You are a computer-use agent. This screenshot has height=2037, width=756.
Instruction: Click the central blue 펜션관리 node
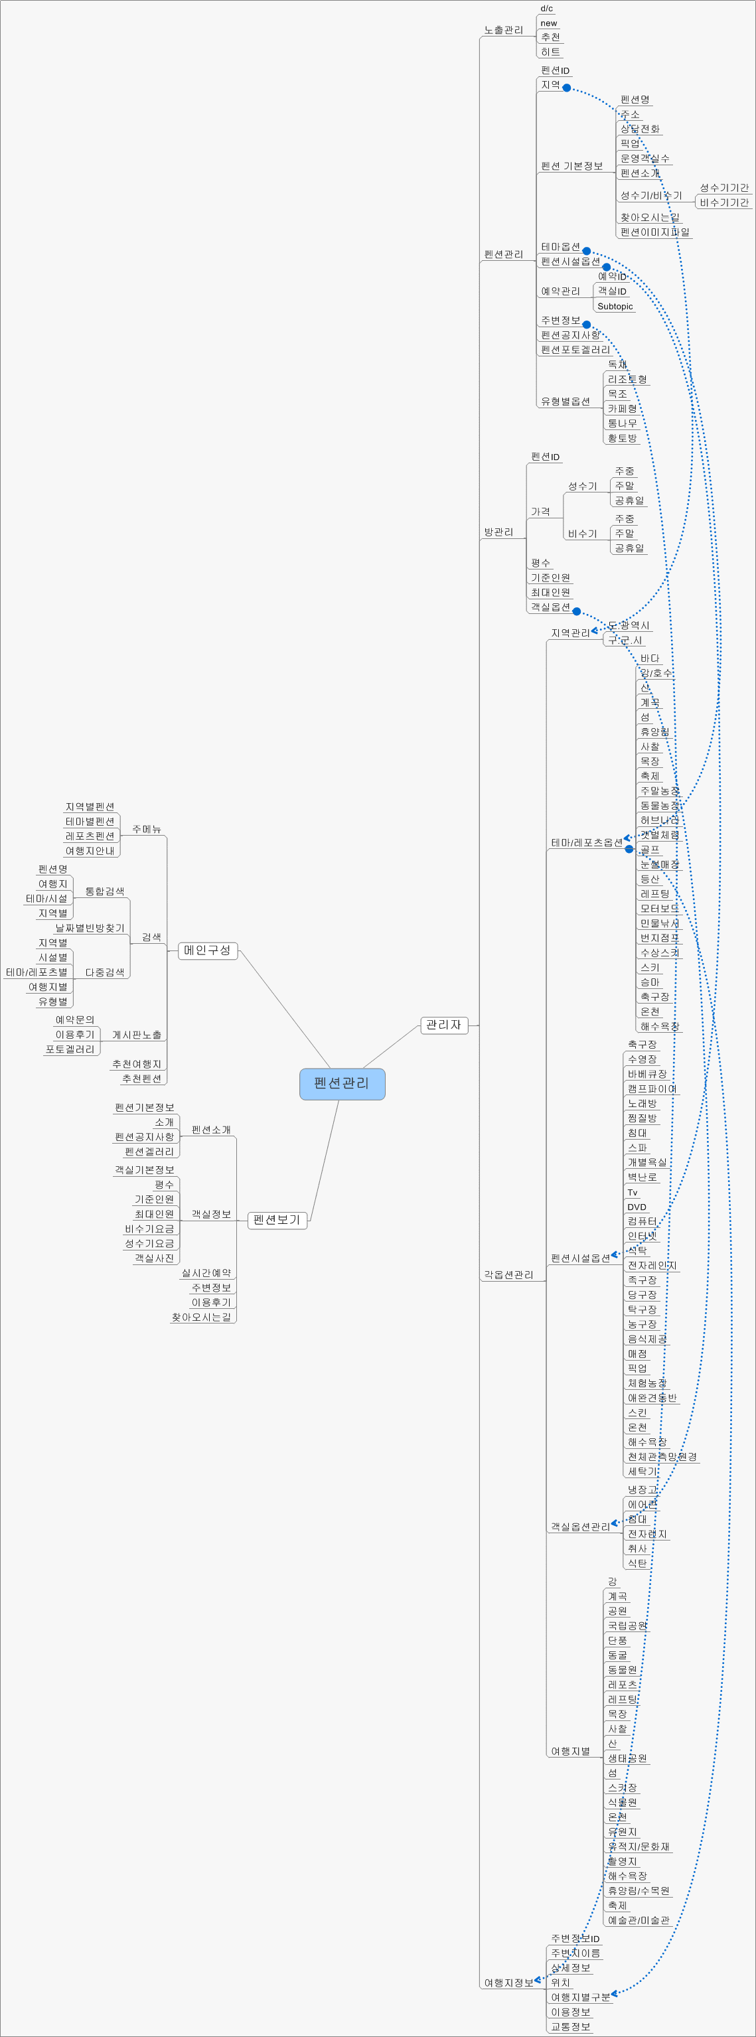click(x=342, y=1083)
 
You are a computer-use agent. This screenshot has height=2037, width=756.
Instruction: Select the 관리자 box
click(x=443, y=1025)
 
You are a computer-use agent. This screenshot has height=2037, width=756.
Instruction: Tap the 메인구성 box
click(x=207, y=950)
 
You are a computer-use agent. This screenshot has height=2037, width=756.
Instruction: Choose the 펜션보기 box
click(x=277, y=1220)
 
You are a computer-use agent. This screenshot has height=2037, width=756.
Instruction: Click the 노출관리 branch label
click(x=504, y=30)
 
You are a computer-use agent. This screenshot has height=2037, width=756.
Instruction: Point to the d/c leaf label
click(x=546, y=9)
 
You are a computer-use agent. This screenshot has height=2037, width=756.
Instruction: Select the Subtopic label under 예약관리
click(x=615, y=306)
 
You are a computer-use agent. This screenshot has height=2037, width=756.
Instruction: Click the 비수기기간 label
click(x=723, y=202)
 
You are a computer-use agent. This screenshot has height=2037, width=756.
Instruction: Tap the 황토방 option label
click(x=623, y=438)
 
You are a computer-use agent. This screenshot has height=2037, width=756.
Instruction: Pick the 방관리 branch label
click(x=498, y=532)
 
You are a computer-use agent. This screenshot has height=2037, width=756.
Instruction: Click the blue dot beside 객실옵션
click(x=577, y=611)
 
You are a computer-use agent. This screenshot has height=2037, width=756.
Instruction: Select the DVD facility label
click(x=637, y=1207)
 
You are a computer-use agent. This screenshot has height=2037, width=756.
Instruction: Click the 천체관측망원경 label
click(x=662, y=1457)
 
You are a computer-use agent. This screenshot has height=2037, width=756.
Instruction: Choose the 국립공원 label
click(x=627, y=1625)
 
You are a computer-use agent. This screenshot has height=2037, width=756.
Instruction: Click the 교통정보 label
click(x=570, y=2027)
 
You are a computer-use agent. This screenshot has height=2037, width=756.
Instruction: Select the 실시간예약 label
click(x=206, y=1273)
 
